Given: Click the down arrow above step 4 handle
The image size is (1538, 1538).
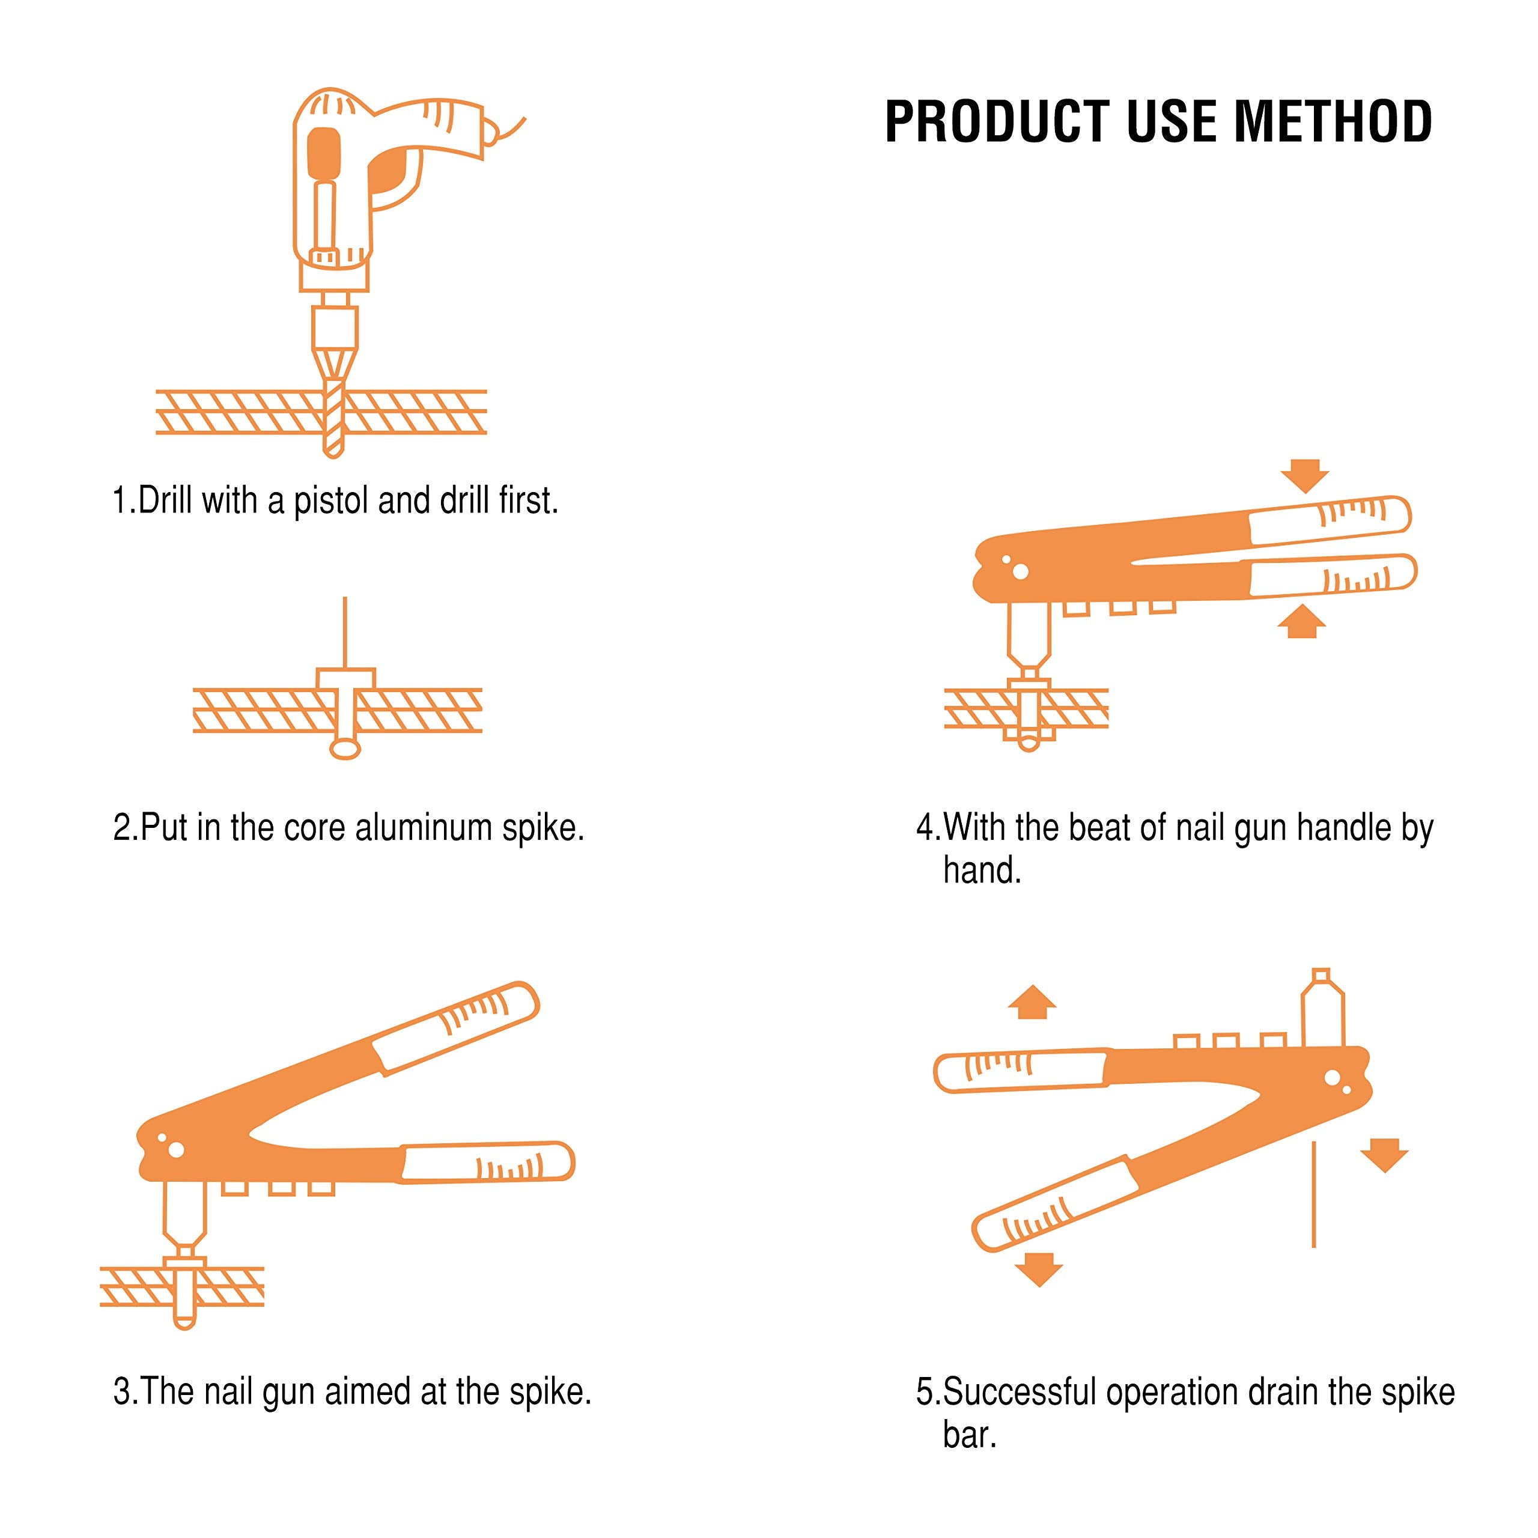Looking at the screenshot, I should (1305, 475).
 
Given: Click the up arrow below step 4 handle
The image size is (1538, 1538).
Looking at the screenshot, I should (1301, 622).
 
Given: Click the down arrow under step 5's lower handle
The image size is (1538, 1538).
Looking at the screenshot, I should (1039, 1269).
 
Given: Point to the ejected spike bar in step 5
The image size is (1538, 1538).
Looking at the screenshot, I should (1313, 1194).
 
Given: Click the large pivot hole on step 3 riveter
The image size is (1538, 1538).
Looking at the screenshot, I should (177, 1149).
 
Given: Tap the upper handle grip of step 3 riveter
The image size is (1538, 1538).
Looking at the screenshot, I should (458, 1026).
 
